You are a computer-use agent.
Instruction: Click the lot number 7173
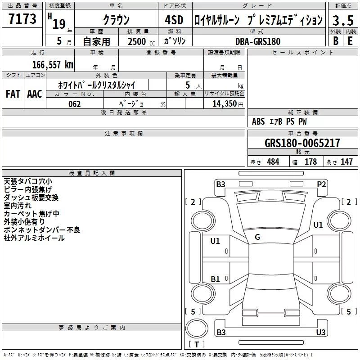pos(22,18)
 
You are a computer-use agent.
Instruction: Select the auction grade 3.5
pos(343,20)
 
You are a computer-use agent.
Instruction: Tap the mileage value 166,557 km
pos(53,65)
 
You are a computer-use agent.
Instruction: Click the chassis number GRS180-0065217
pos(302,143)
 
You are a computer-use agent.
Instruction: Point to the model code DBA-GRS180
pos(258,41)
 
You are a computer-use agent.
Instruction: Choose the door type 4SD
pos(174,20)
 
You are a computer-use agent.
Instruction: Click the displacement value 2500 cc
pos(141,41)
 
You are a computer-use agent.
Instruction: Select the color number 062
pos(75,104)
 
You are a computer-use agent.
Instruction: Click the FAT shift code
pos(13,94)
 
